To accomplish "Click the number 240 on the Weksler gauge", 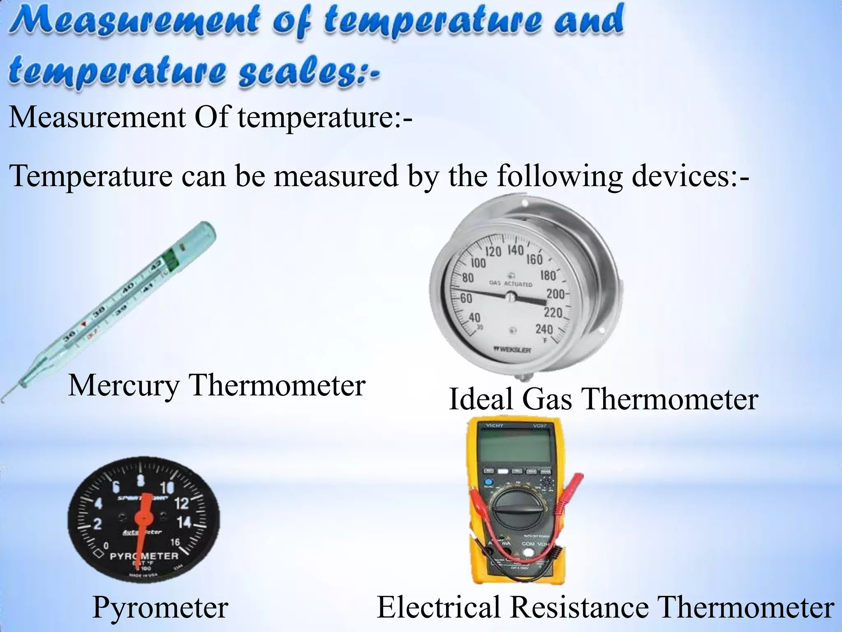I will click(544, 329).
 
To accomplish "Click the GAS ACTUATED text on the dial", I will click(511, 284).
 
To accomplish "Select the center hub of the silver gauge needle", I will click(510, 296).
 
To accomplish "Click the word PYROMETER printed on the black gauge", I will click(144, 556).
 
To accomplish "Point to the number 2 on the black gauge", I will click(97, 525).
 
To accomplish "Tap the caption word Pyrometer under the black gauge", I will click(160, 607).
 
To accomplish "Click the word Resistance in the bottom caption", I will click(579, 607).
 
